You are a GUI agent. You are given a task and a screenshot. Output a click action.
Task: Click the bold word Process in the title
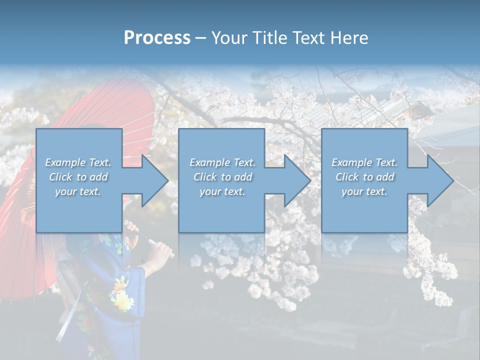coord(157,38)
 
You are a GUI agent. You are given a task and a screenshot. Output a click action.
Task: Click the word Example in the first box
coord(65,162)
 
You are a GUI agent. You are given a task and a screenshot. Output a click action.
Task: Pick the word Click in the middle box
coord(205,177)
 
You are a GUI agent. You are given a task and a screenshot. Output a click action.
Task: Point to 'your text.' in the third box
coord(364,191)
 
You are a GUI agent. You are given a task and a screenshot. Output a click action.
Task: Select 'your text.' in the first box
coord(77,191)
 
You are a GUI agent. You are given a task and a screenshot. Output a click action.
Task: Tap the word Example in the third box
coord(352,162)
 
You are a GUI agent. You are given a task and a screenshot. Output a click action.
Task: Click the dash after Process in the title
coord(200,38)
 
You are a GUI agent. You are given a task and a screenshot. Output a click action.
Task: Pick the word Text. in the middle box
coord(243,162)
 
